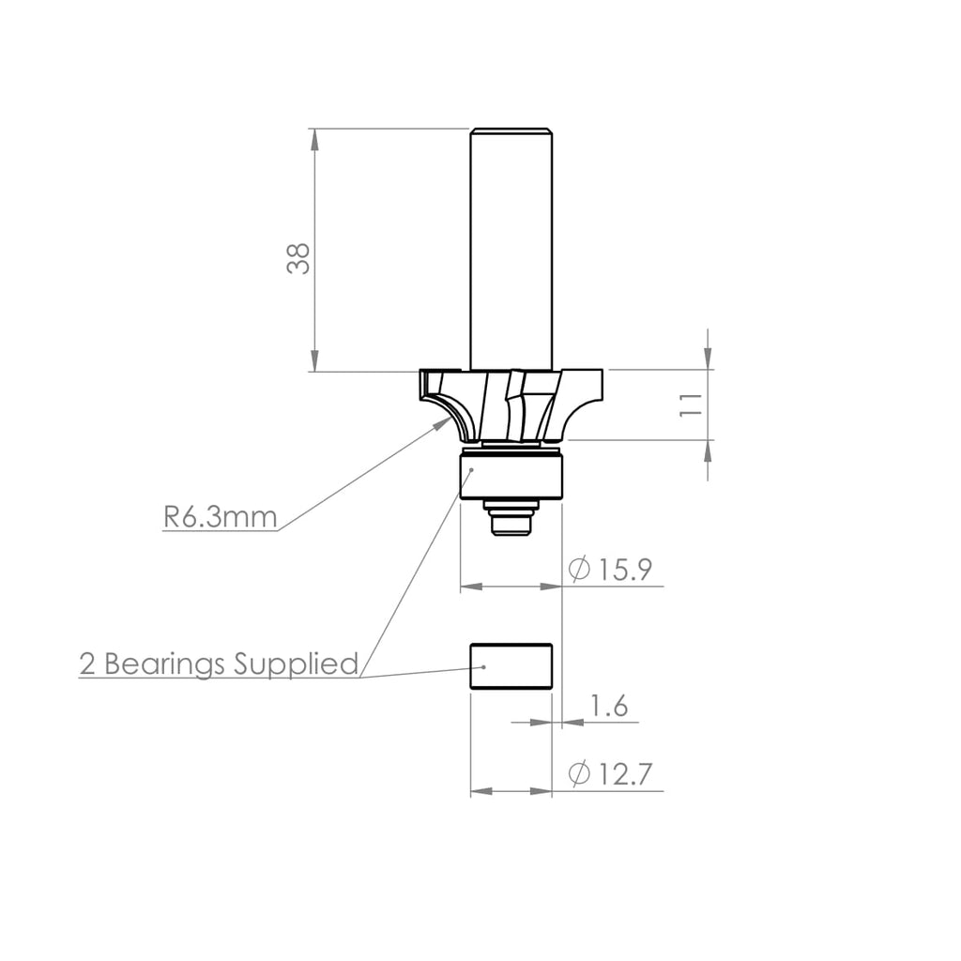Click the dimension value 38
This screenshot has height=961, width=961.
298,258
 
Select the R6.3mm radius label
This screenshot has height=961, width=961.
220,517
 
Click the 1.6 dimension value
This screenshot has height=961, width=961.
609,706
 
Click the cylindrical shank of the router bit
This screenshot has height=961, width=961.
511,244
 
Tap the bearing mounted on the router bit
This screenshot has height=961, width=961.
511,475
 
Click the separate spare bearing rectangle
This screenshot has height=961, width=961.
511,666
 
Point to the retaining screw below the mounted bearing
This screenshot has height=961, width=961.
511,518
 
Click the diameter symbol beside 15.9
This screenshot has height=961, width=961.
580,571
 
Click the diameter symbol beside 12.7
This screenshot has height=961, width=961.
580,774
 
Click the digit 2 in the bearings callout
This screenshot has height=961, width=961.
88,664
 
